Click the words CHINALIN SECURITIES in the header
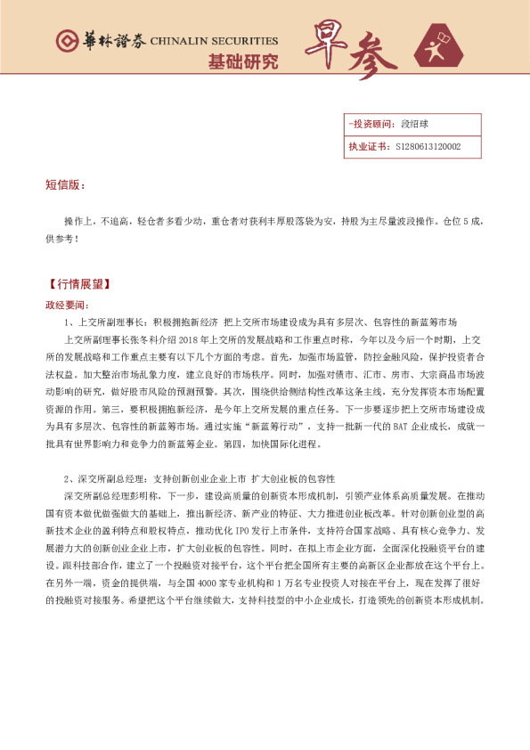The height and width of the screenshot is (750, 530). (214, 41)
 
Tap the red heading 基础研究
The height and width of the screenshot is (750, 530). (242, 62)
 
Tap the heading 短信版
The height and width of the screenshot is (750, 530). (64, 184)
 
